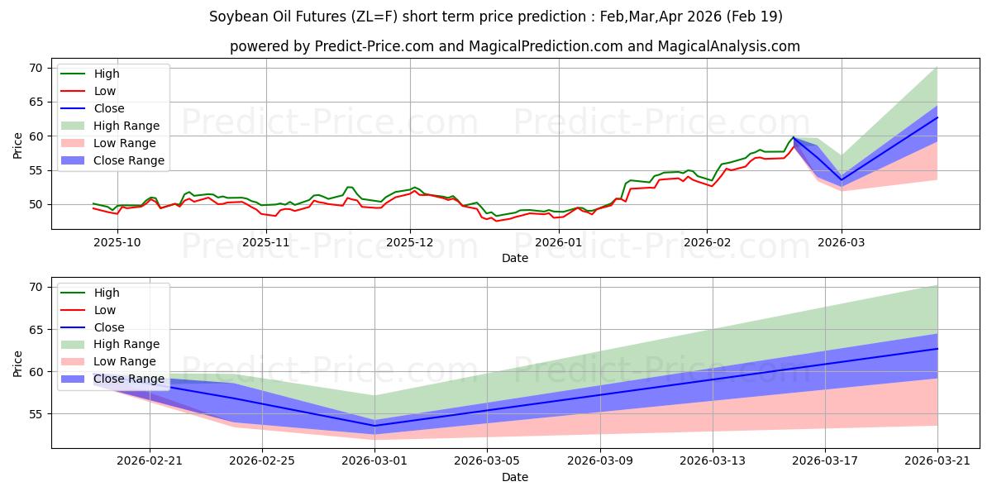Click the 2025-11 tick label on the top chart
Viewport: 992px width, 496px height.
tap(266, 242)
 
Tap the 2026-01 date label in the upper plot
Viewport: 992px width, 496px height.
tap(559, 242)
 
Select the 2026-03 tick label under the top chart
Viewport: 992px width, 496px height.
tap(841, 242)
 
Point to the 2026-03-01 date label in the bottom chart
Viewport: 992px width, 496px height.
tap(374, 460)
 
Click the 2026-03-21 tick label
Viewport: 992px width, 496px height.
tap(937, 460)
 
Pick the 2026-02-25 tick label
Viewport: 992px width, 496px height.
tap(262, 460)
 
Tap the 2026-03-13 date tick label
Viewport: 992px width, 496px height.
tap(712, 460)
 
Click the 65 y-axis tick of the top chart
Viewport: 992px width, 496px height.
tap(36, 102)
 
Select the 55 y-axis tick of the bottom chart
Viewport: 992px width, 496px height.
tap(36, 414)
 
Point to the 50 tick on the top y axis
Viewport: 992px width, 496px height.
tap(36, 205)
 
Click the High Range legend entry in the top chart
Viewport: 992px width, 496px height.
tap(110, 126)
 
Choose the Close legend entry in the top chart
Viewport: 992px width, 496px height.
tap(92, 108)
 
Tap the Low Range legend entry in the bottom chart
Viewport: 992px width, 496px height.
tap(108, 361)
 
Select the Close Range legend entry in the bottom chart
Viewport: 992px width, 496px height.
tap(112, 379)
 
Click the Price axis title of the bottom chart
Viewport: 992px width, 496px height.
tap(17, 364)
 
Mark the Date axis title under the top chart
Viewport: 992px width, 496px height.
tap(514, 258)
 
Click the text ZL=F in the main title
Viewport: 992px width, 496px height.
tap(374, 17)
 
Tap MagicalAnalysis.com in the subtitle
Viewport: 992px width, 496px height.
tap(728, 46)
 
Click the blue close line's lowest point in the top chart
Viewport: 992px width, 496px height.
tap(842, 180)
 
